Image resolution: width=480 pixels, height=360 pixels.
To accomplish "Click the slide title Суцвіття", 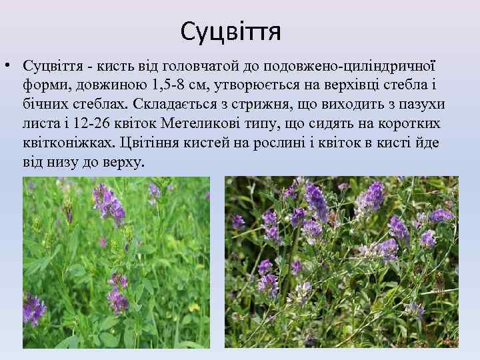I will pyautogui.click(x=231, y=30).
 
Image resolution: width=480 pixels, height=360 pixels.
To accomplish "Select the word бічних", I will pyautogui.click(x=45, y=105).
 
